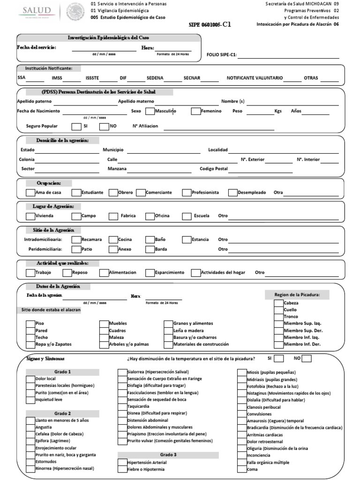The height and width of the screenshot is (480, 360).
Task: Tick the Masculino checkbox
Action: (x=150, y=112)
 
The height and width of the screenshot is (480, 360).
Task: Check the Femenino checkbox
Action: (x=195, y=112)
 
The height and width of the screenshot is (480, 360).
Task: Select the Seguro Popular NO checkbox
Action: (x=104, y=126)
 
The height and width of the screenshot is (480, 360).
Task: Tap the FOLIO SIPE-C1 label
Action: (x=222, y=54)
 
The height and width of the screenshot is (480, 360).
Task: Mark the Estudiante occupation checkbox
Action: (x=76, y=192)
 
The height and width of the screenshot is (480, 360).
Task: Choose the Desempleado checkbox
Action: (x=233, y=192)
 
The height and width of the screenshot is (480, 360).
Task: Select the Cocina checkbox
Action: (x=113, y=240)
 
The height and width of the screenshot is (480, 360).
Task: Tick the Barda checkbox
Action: (x=150, y=249)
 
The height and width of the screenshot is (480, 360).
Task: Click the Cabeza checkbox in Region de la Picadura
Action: (x=278, y=303)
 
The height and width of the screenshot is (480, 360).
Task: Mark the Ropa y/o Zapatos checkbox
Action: (x=30, y=344)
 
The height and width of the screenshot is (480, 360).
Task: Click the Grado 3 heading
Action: (x=168, y=455)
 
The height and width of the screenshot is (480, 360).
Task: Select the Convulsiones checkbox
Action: (x=242, y=414)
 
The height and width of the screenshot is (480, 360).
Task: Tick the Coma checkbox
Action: (x=242, y=469)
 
